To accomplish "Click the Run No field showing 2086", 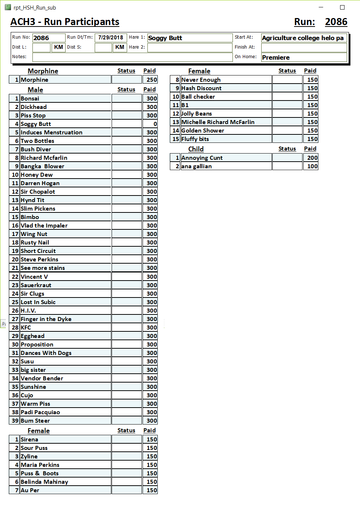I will click(x=49, y=38).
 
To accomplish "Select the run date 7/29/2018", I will click(x=111, y=38).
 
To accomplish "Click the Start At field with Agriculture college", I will click(x=304, y=38).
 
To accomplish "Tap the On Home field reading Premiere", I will click(x=304, y=57).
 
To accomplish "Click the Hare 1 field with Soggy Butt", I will click(x=189, y=38).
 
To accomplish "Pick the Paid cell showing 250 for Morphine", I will click(x=150, y=80).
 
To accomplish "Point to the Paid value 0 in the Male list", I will click(x=150, y=124).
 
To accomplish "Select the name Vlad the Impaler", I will click(x=44, y=226).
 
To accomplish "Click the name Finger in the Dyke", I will click(x=46, y=319).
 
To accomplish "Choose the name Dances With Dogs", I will click(x=46, y=353).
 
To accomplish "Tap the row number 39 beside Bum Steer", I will click(x=15, y=421).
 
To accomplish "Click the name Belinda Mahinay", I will click(x=44, y=482).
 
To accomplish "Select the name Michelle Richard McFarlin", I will click(x=218, y=122).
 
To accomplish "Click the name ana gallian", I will click(x=196, y=166).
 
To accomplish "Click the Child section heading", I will click(x=196, y=149).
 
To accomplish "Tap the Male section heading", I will click(x=35, y=90).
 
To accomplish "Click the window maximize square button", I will click(x=342, y=7).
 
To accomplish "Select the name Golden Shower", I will click(x=203, y=131).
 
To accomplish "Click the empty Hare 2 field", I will click(x=189, y=47).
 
